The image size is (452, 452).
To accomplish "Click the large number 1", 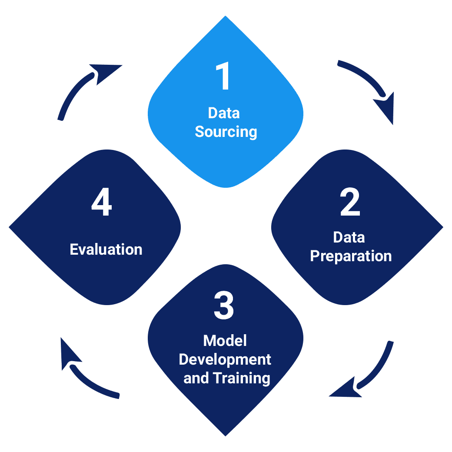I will (224, 77).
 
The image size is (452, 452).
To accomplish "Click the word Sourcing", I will (226, 131).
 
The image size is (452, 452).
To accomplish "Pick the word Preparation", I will (351, 256).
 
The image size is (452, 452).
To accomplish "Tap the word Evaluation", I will (106, 249).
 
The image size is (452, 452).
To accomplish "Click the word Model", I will (225, 341).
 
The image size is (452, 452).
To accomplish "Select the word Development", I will (225, 359).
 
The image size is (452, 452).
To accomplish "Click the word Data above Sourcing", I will (224, 113).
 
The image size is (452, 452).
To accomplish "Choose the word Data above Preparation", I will (349, 237).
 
